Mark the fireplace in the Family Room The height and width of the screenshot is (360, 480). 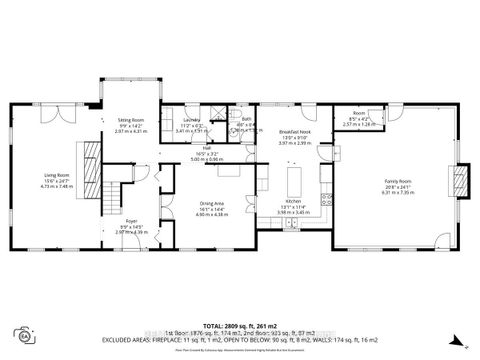(x=461, y=179)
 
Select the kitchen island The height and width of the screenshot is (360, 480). (x=296, y=181)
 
